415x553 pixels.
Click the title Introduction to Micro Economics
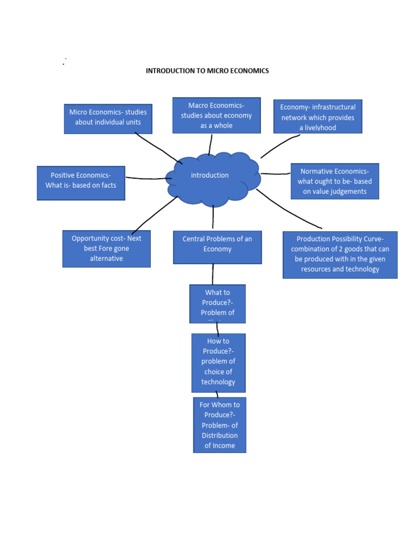point(207,71)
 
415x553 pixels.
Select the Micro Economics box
point(108,118)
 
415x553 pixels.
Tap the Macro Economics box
point(216,115)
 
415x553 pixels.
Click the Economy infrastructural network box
point(318,116)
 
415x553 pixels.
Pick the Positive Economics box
point(81,183)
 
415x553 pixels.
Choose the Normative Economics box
point(334,181)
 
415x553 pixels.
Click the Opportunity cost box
point(106,248)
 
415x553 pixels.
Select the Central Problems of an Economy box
point(217,247)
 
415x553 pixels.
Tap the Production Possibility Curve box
point(340,255)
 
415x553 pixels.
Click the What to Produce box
point(217,304)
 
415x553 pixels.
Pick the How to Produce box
point(218,362)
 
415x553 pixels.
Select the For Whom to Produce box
point(219,425)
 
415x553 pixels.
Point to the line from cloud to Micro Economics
point(157,148)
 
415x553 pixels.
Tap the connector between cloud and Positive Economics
point(146,178)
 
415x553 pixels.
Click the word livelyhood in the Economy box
point(318,128)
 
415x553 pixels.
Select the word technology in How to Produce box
point(218,382)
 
